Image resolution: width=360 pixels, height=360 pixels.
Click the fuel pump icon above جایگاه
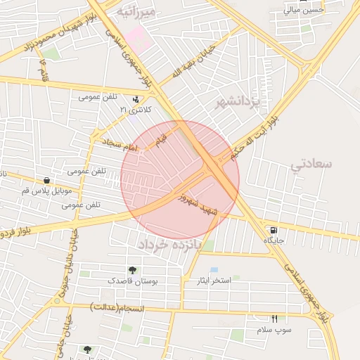coord(273,230)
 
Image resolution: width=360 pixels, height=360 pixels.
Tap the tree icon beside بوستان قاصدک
coord(132,271)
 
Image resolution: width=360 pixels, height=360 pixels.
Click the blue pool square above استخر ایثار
coord(214,270)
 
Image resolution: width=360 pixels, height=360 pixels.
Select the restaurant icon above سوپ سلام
coord(274,319)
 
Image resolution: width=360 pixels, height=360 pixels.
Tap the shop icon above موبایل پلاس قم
coord(46,180)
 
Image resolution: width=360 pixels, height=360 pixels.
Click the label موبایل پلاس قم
coord(46,191)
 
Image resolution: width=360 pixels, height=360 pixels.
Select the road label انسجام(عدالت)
coord(127,307)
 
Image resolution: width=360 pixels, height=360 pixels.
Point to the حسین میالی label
coord(304,10)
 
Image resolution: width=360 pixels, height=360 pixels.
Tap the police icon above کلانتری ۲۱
coord(135,99)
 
